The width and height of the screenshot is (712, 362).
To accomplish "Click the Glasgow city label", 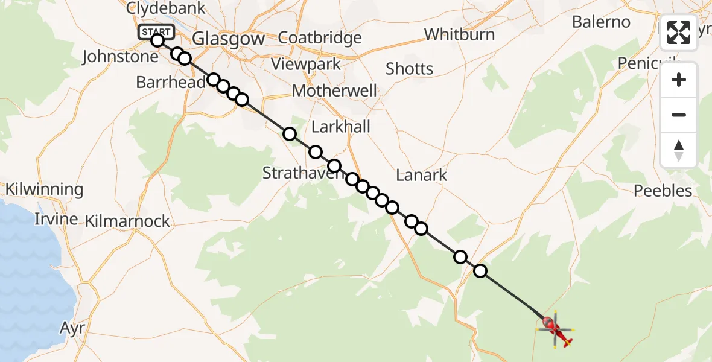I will pyautogui.click(x=228, y=39).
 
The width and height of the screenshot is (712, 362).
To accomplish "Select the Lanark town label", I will pyautogui.click(x=422, y=176).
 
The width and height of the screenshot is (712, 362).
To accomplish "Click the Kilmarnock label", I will pyautogui.click(x=127, y=221).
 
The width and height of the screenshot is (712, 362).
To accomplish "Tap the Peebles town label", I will pyautogui.click(x=663, y=191).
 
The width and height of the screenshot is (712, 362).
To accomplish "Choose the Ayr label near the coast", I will pyautogui.click(x=71, y=328).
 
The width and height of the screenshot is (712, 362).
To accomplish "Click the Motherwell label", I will pyautogui.click(x=334, y=91).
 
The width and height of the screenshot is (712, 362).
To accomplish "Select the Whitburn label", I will pyautogui.click(x=459, y=34).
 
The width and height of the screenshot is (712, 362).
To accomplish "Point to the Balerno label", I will pyautogui.click(x=601, y=22).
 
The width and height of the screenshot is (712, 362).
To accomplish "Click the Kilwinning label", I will pyautogui.click(x=44, y=189).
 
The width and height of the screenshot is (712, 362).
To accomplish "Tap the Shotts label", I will pyautogui.click(x=409, y=69).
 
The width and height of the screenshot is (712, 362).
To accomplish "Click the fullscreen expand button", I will pyautogui.click(x=679, y=33).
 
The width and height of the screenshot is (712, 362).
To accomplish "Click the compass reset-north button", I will pyautogui.click(x=679, y=150).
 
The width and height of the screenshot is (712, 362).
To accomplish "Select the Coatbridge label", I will pyautogui.click(x=320, y=38).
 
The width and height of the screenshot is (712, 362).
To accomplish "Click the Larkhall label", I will pyautogui.click(x=341, y=127).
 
